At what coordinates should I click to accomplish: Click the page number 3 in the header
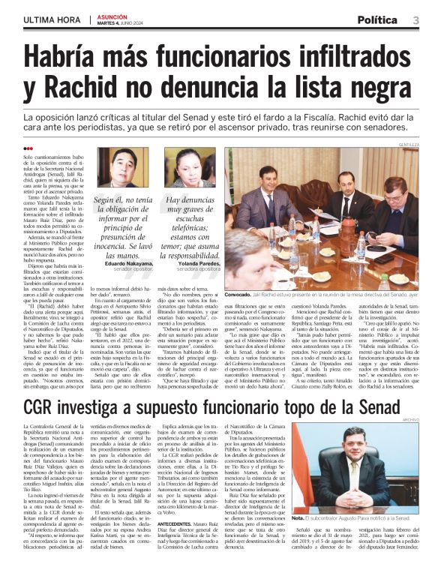pos(416,19)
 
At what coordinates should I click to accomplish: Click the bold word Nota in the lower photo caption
pos(298,517)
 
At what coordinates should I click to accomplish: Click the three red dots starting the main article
pos(28,149)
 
